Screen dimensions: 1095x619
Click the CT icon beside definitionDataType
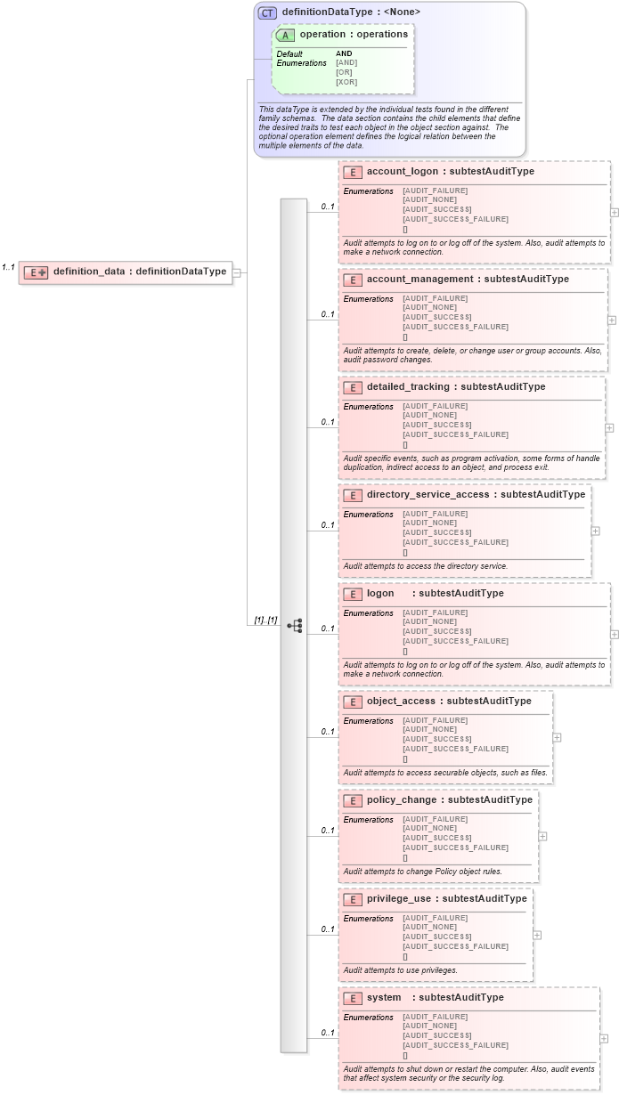(x=267, y=12)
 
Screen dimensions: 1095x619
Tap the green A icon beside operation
(x=286, y=35)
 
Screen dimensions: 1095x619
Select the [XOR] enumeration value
(x=346, y=82)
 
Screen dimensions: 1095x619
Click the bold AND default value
(x=344, y=53)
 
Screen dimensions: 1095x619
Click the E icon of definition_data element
(x=36, y=272)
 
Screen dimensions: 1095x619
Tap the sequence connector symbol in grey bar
(x=294, y=626)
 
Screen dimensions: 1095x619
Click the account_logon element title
(x=450, y=171)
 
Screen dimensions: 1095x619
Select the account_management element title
(x=467, y=279)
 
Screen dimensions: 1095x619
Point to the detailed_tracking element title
(x=455, y=386)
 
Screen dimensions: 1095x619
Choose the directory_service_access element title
(x=476, y=494)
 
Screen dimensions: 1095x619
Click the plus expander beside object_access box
(x=557, y=737)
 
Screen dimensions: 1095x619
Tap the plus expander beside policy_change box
(x=542, y=836)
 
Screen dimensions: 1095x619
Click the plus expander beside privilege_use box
(x=537, y=935)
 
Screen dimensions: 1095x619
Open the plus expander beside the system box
(x=604, y=1038)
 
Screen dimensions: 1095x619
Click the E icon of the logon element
(x=352, y=594)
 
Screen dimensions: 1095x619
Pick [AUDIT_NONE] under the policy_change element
(x=429, y=828)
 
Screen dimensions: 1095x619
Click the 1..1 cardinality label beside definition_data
(x=9, y=266)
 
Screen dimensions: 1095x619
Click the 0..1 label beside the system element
(x=327, y=1033)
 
